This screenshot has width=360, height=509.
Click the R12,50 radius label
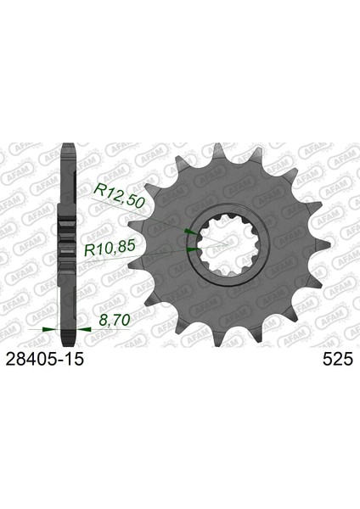[x=119, y=195]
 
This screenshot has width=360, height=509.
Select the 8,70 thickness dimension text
[x=115, y=320]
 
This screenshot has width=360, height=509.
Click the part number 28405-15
[x=45, y=359]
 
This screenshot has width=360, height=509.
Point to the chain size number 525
[x=338, y=360]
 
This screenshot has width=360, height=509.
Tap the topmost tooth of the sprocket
[x=217, y=152]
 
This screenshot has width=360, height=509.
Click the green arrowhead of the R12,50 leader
[x=189, y=232]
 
